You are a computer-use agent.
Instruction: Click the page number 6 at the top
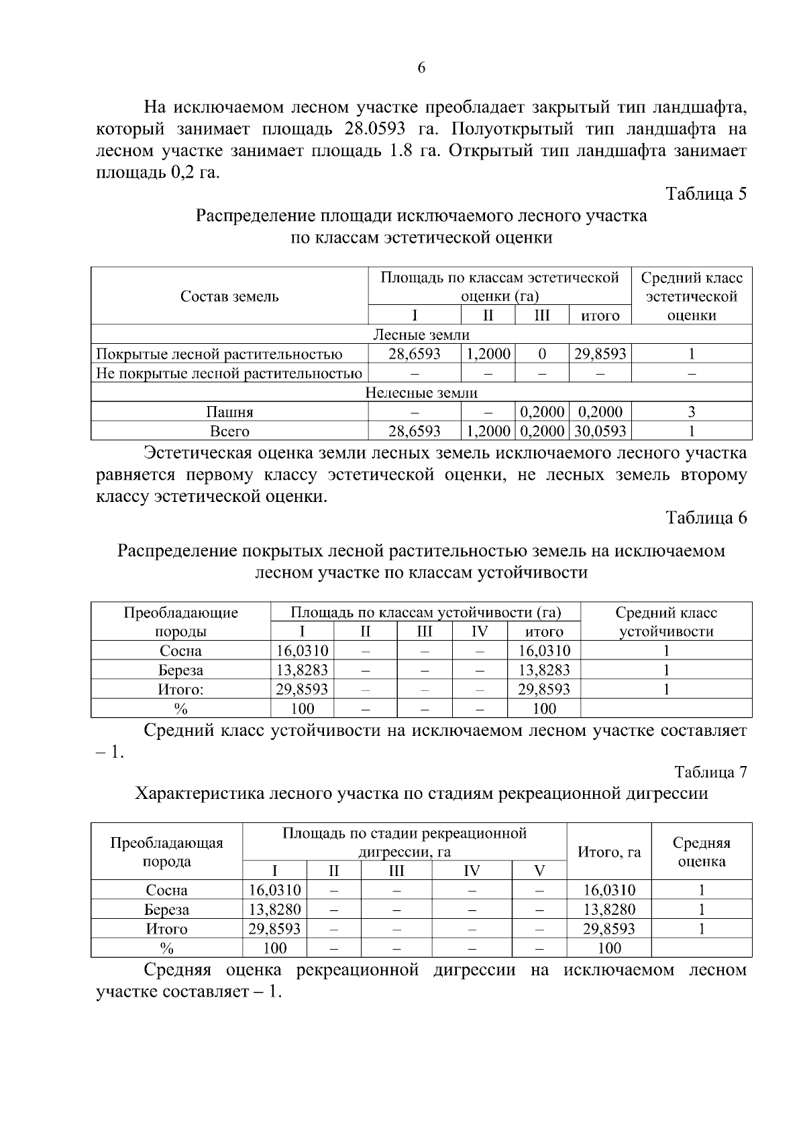click(x=421, y=68)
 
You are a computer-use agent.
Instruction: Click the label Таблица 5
click(x=706, y=194)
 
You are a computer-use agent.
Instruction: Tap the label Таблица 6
click(x=706, y=517)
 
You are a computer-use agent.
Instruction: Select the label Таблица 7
click(x=710, y=772)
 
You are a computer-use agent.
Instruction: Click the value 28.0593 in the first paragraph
click(x=381, y=129)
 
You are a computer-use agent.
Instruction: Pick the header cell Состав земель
click(x=229, y=296)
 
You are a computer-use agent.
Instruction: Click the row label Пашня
click(x=229, y=412)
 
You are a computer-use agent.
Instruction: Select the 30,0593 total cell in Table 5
click(x=600, y=430)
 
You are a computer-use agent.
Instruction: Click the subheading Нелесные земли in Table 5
click(x=421, y=393)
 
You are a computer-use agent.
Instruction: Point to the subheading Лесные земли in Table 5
click(x=421, y=334)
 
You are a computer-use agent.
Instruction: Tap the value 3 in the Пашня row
click(x=692, y=412)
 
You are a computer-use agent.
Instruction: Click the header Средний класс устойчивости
click(x=665, y=621)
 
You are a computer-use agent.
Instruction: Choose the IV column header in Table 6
click(x=479, y=631)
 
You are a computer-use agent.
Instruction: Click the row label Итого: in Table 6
click(x=180, y=689)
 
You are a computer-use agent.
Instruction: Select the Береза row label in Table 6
click(x=180, y=670)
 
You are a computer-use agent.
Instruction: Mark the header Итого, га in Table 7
click(x=608, y=852)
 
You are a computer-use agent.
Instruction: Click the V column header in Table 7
click(x=539, y=871)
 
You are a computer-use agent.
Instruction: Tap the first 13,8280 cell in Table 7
click(x=275, y=909)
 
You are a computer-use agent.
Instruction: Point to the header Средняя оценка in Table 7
click(x=701, y=852)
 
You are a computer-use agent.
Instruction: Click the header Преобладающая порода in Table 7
click(x=166, y=852)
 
